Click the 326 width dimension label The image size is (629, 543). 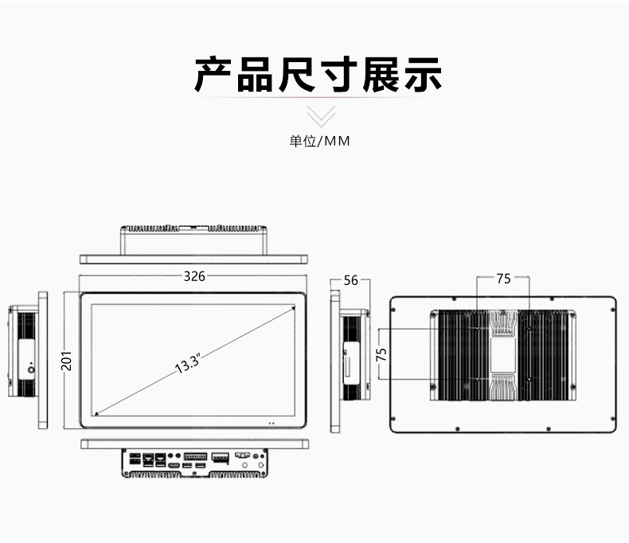click(x=194, y=276)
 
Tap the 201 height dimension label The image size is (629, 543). click(x=67, y=361)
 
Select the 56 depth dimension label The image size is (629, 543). click(x=350, y=280)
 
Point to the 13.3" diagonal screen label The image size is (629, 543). click(x=188, y=364)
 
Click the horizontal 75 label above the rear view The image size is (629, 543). click(x=503, y=279)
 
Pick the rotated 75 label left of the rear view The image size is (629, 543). click(x=381, y=354)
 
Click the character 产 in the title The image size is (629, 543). click(x=213, y=75)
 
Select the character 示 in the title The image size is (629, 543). click(x=423, y=75)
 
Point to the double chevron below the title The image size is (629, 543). click(x=321, y=116)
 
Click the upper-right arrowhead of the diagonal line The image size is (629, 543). click(x=294, y=307)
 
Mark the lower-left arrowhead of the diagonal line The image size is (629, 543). click(x=96, y=413)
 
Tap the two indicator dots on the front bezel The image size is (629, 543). click(x=272, y=423)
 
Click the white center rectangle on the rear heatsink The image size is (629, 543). click(x=502, y=354)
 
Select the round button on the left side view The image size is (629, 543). click(x=30, y=369)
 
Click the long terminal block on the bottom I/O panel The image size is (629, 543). click(x=195, y=456)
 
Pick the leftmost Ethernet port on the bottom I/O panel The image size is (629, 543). click(x=148, y=459)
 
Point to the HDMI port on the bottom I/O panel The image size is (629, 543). click(x=174, y=466)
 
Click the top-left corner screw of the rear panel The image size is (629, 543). click(x=393, y=310)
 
